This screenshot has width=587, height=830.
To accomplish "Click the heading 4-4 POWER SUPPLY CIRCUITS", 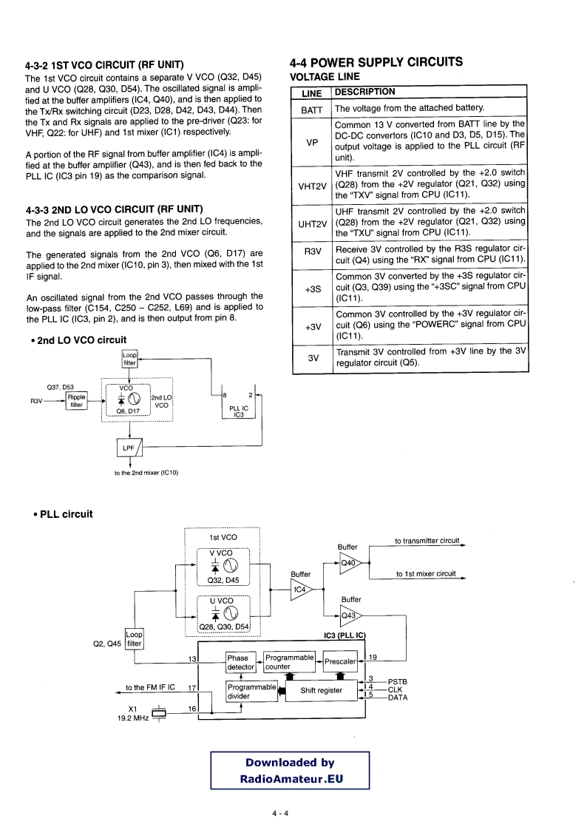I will [377, 62].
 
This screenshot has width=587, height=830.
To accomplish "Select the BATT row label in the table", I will [311, 109].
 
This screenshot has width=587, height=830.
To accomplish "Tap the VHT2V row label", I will [312, 186].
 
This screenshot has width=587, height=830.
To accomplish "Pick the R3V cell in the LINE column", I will [312, 251].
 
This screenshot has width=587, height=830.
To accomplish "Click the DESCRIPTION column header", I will [365, 92].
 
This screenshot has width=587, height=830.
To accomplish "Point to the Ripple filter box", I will [77, 400].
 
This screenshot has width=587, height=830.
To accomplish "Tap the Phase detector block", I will [239, 662].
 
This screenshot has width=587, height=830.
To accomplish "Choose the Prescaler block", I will [341, 661].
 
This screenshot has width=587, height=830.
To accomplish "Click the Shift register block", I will [321, 690].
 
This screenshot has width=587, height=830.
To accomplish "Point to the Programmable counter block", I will [288, 662].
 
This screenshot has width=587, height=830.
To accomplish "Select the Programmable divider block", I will [251, 691].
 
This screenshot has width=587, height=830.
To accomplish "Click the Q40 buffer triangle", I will [350, 562].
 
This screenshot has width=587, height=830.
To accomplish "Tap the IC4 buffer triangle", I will [301, 590].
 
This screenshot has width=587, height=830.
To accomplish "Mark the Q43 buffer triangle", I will [350, 615].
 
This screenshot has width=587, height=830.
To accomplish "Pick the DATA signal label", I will [398, 697].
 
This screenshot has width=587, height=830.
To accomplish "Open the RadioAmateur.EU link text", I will [290, 778].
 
